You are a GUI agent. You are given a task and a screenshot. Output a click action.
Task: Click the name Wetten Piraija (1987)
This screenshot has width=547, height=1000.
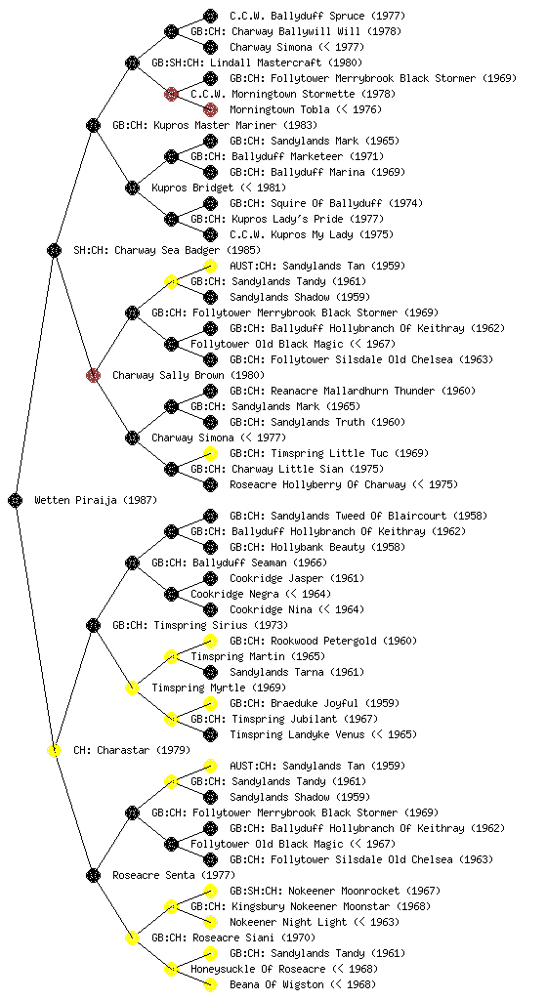click(96, 500)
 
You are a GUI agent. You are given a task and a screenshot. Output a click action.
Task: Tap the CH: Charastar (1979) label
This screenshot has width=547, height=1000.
click(131, 750)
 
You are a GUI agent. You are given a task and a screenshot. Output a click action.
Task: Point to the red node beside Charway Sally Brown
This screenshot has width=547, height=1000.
click(93, 375)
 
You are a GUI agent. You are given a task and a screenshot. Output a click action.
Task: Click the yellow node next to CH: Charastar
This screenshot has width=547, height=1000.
click(54, 750)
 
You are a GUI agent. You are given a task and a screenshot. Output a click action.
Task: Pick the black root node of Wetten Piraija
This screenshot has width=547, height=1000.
click(16, 500)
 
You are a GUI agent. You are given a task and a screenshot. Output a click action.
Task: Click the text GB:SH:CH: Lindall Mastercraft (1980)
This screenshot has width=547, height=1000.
click(257, 62)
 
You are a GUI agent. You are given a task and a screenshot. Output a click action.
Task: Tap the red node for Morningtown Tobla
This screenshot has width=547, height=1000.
click(210, 109)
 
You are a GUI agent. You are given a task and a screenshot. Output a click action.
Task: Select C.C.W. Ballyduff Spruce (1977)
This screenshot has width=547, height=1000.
click(317, 16)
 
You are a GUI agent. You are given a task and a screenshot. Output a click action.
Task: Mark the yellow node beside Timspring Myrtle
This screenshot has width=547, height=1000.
click(132, 687)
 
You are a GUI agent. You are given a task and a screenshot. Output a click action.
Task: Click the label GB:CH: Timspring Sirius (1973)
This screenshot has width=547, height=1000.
click(200, 625)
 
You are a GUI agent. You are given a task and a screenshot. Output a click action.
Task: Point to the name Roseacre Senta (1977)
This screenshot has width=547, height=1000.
click(174, 875)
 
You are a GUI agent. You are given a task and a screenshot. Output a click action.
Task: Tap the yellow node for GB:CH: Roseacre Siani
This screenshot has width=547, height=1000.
click(132, 937)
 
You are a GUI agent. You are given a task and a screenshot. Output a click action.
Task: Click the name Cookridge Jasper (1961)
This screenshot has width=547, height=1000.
click(297, 578)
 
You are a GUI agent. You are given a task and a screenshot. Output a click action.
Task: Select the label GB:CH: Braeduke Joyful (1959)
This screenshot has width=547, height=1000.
click(315, 703)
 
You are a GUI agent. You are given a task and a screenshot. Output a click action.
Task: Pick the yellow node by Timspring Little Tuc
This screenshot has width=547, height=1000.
click(210, 453)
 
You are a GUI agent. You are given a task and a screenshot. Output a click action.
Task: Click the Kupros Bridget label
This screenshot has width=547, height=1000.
click(219, 187)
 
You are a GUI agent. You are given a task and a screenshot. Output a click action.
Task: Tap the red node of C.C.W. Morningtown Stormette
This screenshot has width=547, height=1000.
click(171, 94)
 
